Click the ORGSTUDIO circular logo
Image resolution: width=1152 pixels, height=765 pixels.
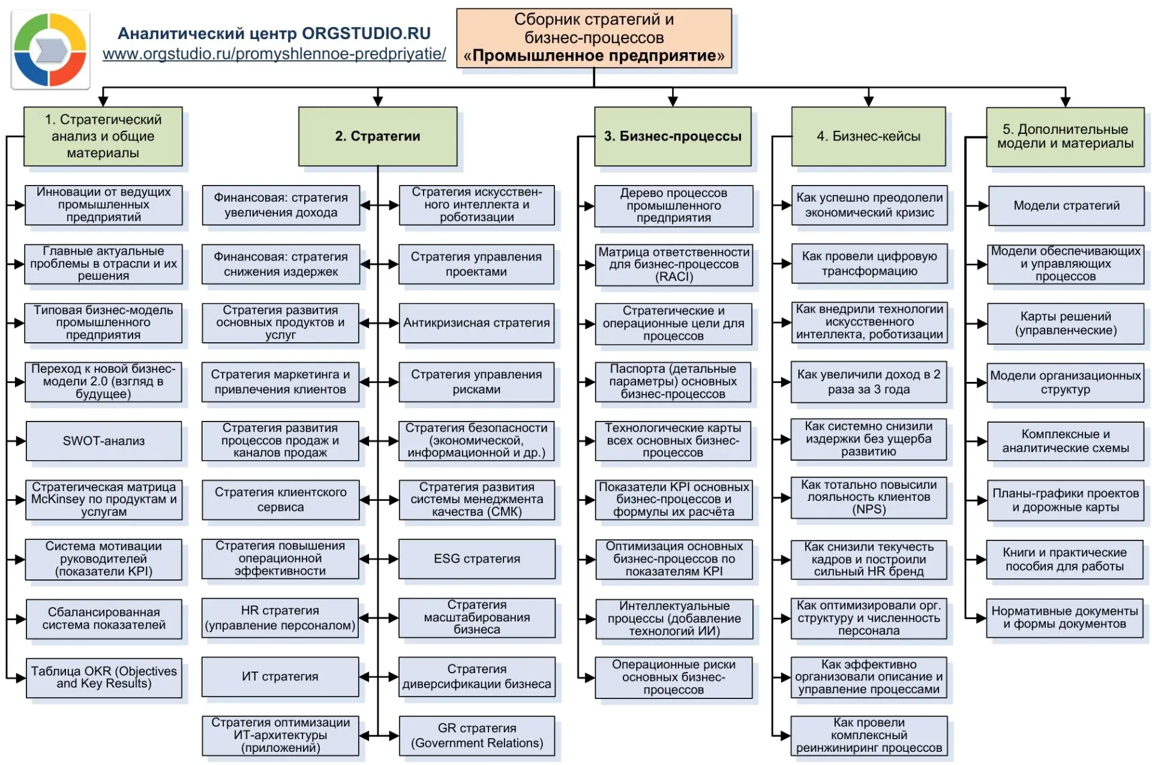click(x=50, y=50)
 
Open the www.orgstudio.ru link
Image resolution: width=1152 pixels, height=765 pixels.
click(x=274, y=54)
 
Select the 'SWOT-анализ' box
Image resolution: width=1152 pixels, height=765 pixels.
click(x=104, y=441)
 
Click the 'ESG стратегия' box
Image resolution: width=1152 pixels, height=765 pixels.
click(x=477, y=558)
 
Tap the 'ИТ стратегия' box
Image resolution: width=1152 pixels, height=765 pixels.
click(x=280, y=676)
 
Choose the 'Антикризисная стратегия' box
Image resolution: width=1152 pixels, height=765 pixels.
click(x=476, y=323)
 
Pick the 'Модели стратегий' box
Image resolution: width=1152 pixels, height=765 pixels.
click(x=1066, y=205)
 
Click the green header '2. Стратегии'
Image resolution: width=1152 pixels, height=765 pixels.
click(x=378, y=136)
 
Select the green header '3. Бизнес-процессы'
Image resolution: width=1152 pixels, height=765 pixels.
click(x=673, y=136)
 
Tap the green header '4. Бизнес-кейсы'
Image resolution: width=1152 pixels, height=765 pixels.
click(x=868, y=136)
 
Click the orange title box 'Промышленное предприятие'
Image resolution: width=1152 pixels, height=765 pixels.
click(x=594, y=38)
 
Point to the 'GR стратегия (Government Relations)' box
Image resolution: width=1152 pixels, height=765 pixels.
click(x=477, y=736)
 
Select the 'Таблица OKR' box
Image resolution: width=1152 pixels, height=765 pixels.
click(x=104, y=677)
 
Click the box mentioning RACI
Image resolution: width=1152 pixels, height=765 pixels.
click(x=674, y=264)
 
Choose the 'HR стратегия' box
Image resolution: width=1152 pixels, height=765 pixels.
click(x=280, y=618)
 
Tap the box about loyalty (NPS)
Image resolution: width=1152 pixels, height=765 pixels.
click(x=869, y=497)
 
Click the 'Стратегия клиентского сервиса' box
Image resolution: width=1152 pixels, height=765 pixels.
click(x=280, y=500)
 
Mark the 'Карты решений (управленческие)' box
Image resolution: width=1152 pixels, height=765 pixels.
click(x=1066, y=323)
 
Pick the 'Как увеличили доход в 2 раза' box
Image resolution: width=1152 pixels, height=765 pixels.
click(x=869, y=382)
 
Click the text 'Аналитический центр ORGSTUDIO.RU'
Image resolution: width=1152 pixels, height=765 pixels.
click(x=274, y=34)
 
